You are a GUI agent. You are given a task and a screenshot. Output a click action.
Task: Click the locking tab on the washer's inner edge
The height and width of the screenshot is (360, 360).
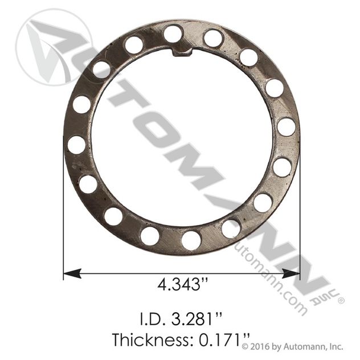(x=182, y=52)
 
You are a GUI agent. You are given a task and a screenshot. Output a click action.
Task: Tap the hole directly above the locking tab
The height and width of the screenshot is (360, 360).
(x=173, y=34)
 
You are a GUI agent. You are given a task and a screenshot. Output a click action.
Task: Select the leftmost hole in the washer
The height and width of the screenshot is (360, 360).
(x=76, y=145)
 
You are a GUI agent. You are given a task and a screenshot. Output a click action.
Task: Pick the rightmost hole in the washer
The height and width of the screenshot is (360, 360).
(x=287, y=127)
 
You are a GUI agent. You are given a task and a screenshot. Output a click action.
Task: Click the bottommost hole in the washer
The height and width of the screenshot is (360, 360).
(x=191, y=240)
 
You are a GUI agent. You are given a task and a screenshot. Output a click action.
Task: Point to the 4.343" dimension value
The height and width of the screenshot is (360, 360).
(x=183, y=285)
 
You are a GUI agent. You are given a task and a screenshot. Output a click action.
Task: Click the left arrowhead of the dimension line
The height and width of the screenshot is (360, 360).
(x=72, y=273)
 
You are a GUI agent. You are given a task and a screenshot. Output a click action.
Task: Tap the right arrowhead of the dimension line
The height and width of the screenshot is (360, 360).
(x=291, y=273)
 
